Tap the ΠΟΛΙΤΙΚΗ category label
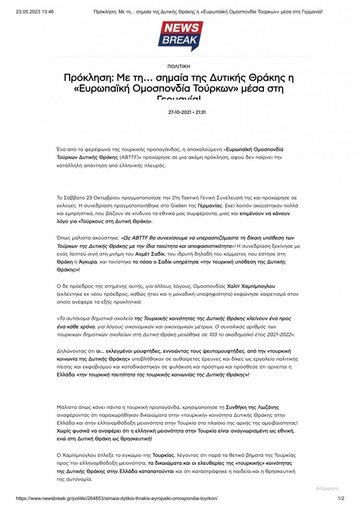point(180,66)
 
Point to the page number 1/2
point(341,498)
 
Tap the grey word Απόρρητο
point(327,488)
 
